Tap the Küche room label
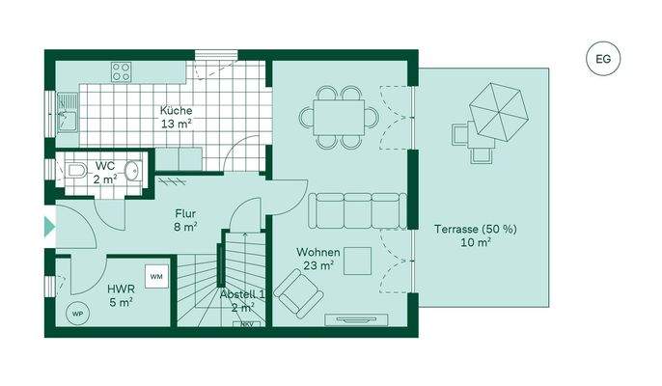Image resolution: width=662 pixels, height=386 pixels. tap(176, 118)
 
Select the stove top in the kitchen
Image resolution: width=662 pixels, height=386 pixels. tap(122, 70)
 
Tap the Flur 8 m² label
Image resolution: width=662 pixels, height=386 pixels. tap(186, 221)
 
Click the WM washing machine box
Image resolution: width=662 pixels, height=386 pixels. tap(155, 277)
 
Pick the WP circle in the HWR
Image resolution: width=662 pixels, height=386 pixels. tap(77, 313)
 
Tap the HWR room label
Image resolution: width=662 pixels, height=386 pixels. tap(121, 295)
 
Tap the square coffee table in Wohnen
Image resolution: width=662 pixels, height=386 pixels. tap(360, 261)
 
